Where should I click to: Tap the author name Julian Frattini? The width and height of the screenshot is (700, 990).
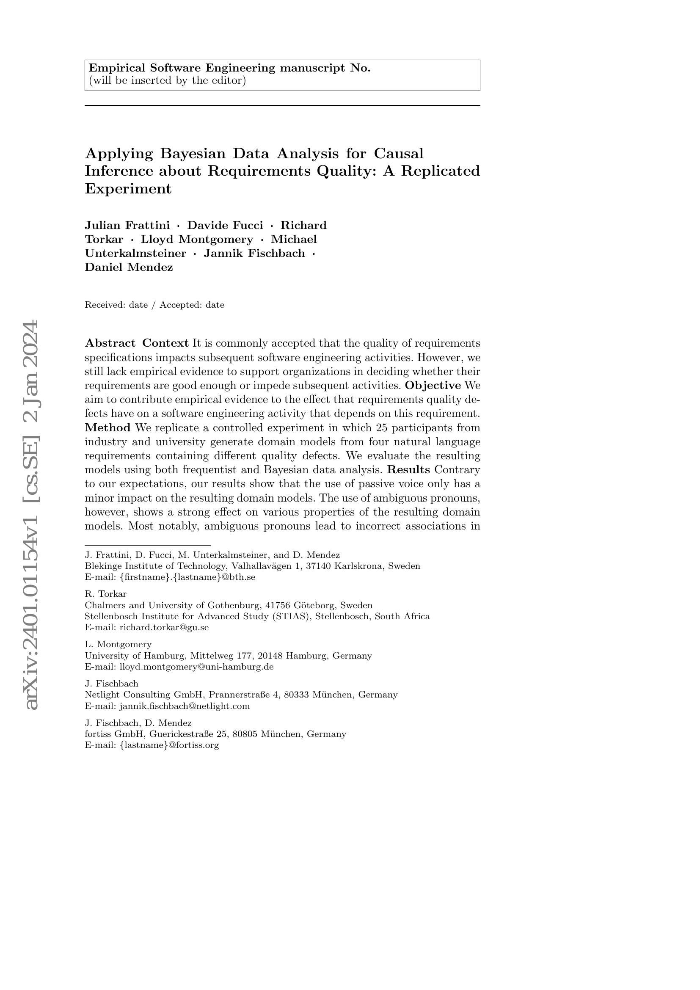click(127, 226)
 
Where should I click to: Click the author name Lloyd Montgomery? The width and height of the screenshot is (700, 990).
click(197, 239)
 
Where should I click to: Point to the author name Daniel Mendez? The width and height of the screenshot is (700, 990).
click(129, 267)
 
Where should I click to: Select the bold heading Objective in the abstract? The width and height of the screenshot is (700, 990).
click(433, 385)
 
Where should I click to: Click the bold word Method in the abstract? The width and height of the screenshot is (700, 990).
click(108, 428)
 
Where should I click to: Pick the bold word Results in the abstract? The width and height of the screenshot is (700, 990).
click(409, 469)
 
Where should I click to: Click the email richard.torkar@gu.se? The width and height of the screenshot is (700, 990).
click(164, 627)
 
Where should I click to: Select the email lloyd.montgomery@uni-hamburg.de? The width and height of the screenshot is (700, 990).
click(196, 667)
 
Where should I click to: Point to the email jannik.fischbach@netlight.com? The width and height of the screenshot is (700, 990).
click(185, 706)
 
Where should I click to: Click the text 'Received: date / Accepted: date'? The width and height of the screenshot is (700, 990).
click(154, 305)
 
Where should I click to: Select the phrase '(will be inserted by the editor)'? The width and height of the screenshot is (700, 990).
click(167, 81)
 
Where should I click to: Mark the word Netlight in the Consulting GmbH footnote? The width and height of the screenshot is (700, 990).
click(102, 695)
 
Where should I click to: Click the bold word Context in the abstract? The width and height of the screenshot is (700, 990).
click(165, 343)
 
